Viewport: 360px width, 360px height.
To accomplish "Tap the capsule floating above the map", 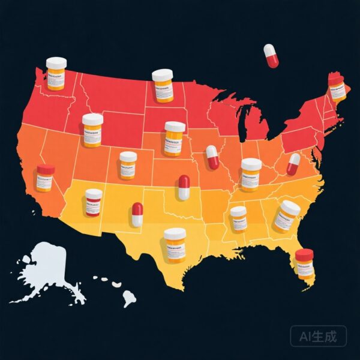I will [271, 55].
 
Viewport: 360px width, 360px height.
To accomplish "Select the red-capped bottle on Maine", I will [337, 88].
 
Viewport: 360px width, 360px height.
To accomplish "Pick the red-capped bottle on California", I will [45, 178].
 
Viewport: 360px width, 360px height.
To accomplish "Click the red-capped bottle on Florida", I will [305, 264].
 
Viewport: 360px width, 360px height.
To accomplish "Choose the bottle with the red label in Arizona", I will [94, 202].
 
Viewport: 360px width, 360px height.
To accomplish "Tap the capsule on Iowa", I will [212, 157].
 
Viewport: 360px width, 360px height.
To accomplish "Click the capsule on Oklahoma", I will [184, 187].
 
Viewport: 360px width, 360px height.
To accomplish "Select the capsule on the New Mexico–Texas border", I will [137, 214].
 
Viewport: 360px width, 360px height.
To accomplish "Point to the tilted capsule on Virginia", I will [293, 164].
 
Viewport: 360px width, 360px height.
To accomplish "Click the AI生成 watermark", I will [317, 336].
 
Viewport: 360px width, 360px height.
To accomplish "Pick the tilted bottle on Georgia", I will [286, 217].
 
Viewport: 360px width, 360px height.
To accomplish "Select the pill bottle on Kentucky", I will [251, 174].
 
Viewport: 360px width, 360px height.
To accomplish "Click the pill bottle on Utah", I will [128, 165].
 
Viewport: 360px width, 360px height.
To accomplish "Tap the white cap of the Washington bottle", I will [56, 62].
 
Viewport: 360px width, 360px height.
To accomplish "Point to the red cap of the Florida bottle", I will [305, 254].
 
